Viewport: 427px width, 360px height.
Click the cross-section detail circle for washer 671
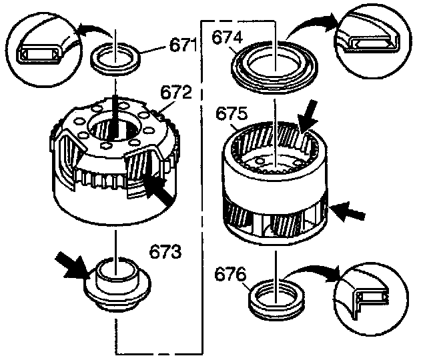point(39,50)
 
